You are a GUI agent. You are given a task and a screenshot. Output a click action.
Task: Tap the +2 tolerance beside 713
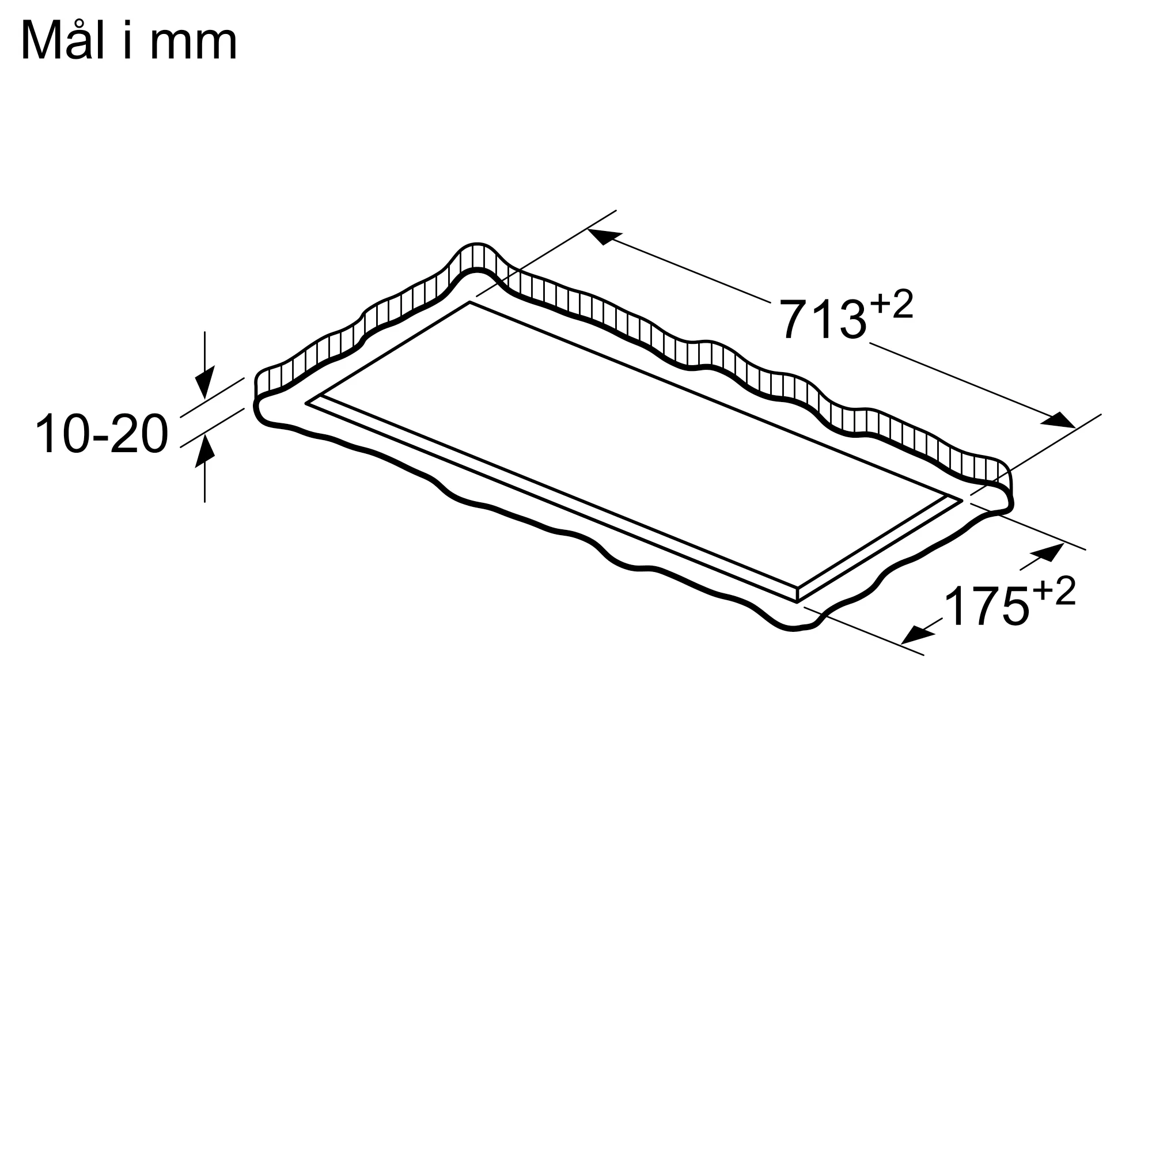[x=892, y=305]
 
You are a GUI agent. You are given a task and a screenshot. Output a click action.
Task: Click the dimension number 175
[x=987, y=607]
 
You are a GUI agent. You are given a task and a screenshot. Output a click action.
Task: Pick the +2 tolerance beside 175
[x=1054, y=592]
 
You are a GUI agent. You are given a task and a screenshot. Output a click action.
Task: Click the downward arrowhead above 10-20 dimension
[x=204, y=382]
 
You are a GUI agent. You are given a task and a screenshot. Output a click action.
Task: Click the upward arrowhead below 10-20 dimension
[x=204, y=452]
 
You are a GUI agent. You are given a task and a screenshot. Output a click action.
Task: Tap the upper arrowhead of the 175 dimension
[x=1049, y=551]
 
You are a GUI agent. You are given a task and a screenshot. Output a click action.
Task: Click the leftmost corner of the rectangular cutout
[x=306, y=404]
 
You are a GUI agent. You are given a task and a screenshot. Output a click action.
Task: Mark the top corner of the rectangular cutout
[x=470, y=302]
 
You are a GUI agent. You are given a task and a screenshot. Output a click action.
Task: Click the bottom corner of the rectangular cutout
[x=797, y=602]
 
